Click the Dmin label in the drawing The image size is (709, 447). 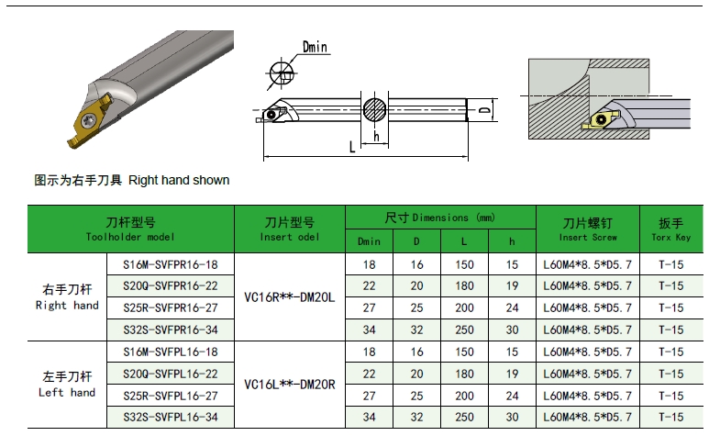tap(315, 47)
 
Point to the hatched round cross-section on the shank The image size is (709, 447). tap(375, 109)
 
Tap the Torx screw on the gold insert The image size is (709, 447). tap(88, 119)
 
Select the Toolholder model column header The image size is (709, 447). tap(130, 229)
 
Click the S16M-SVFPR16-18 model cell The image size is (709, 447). tap(171, 264)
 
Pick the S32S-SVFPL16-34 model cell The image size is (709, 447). tap(171, 417)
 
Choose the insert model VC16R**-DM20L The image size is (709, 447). tap(290, 297)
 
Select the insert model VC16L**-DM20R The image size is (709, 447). tap(290, 385)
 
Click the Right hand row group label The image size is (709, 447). tap(67, 297)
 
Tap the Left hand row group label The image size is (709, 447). tap(67, 385)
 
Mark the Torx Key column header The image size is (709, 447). tap(671, 229)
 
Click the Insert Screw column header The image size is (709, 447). tap(588, 229)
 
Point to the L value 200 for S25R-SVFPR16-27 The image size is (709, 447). tap(464, 308)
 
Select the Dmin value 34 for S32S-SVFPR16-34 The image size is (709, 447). tap(369, 330)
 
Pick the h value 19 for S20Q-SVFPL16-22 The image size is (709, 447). tap(512, 374)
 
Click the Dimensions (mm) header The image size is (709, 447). tap(440, 218)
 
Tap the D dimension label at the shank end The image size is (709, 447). tap(484, 110)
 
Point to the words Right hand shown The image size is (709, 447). tap(179, 180)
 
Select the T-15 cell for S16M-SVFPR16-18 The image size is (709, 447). tap(671, 264)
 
